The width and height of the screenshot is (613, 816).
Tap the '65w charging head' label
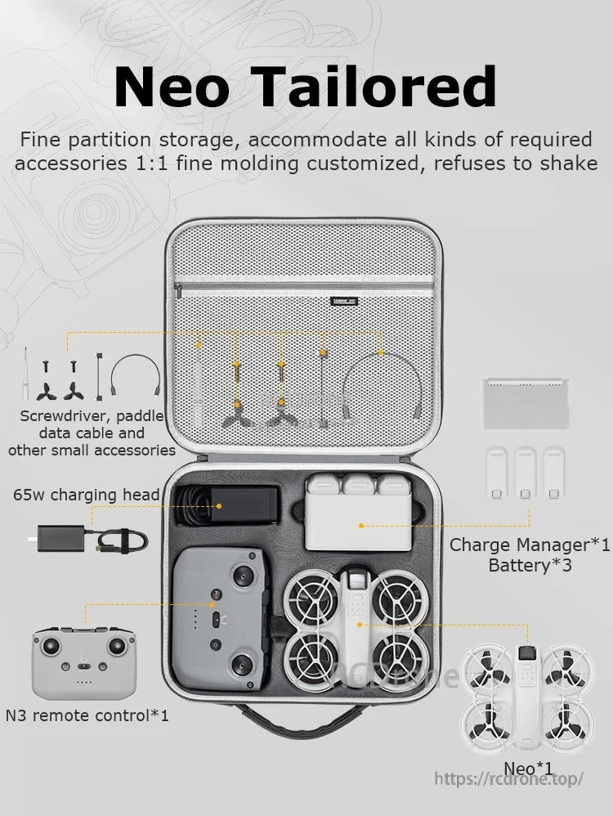pyautogui.click(x=87, y=495)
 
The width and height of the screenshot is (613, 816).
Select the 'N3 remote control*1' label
pyautogui.click(x=87, y=715)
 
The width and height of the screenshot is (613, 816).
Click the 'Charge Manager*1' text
pyautogui.click(x=530, y=545)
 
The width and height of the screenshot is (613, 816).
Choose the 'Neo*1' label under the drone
pyautogui.click(x=528, y=768)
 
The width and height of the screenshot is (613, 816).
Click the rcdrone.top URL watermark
pyautogui.click(x=508, y=778)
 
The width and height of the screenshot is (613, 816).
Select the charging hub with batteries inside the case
pyautogui.click(x=359, y=513)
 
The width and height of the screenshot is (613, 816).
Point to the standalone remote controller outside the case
pyautogui.click(x=83, y=663)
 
